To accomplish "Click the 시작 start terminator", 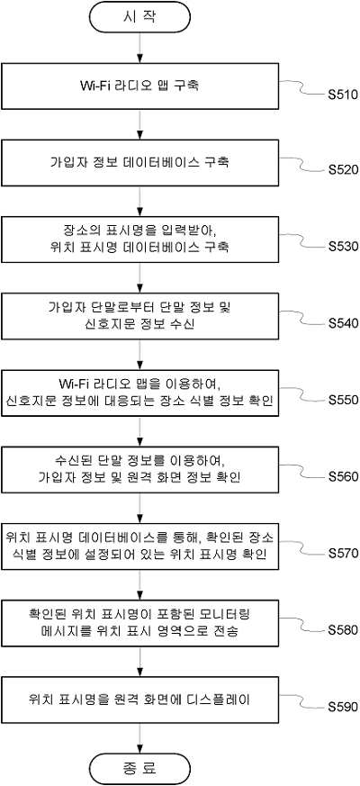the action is (x=139, y=16).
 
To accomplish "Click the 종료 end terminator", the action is (x=139, y=767).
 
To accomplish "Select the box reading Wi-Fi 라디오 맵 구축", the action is (x=139, y=86).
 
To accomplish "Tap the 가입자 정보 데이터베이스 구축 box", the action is (x=139, y=162).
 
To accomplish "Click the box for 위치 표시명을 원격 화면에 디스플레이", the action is (x=139, y=700).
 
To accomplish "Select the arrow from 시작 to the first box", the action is (x=139, y=47).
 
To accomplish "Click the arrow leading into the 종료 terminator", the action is (x=139, y=738).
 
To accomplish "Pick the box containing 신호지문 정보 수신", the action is (x=139, y=316).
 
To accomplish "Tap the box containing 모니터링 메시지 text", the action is (x=139, y=622).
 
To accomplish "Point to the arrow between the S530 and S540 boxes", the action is (x=139, y=277).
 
